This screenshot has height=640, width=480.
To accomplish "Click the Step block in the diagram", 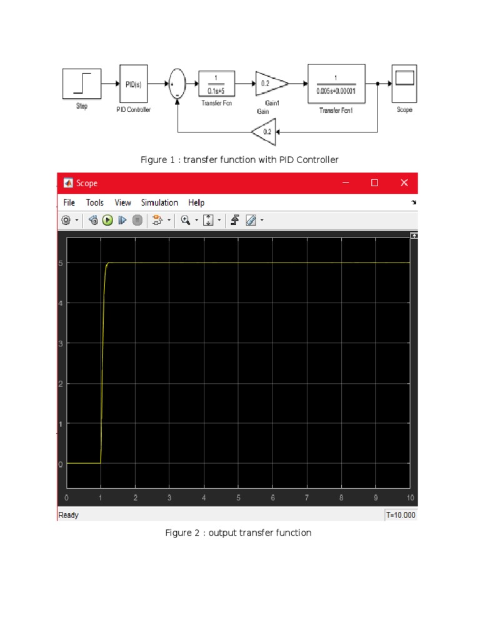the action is pyautogui.click(x=82, y=84).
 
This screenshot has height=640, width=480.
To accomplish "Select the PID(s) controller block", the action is pyautogui.click(x=133, y=84).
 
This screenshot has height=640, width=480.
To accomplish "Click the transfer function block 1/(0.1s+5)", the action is pyautogui.click(x=216, y=84).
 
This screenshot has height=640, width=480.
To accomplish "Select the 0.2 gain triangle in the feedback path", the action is pyautogui.click(x=264, y=132).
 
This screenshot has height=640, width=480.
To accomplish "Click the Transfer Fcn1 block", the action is pyautogui.click(x=336, y=84).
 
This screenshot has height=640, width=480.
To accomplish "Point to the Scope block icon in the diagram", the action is pyautogui.click(x=404, y=83).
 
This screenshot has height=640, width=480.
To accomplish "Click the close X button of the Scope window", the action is pyautogui.click(x=404, y=183).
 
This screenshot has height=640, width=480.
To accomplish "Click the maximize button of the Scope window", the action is pyautogui.click(x=374, y=183).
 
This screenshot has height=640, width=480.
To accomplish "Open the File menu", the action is pyautogui.click(x=69, y=202).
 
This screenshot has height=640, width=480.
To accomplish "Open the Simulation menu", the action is pyautogui.click(x=159, y=202).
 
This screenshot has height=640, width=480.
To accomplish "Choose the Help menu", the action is pyautogui.click(x=196, y=202).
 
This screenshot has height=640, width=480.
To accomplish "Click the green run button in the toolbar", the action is pyautogui.click(x=107, y=220).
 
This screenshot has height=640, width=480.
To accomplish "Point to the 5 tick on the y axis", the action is pyautogui.click(x=61, y=263).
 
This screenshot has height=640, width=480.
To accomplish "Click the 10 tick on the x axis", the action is pyautogui.click(x=409, y=498).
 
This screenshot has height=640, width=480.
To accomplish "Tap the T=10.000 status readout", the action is pyautogui.click(x=400, y=515).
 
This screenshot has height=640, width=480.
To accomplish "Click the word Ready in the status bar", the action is pyautogui.click(x=69, y=515).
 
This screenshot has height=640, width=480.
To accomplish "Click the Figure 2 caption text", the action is pyautogui.click(x=237, y=533).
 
